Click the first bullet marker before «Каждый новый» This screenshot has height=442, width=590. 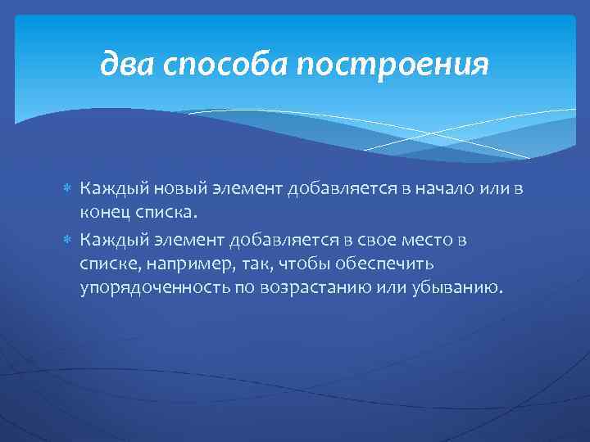pyautogui.click(x=69, y=190)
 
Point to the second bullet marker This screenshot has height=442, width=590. pyautogui.click(x=69, y=240)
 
